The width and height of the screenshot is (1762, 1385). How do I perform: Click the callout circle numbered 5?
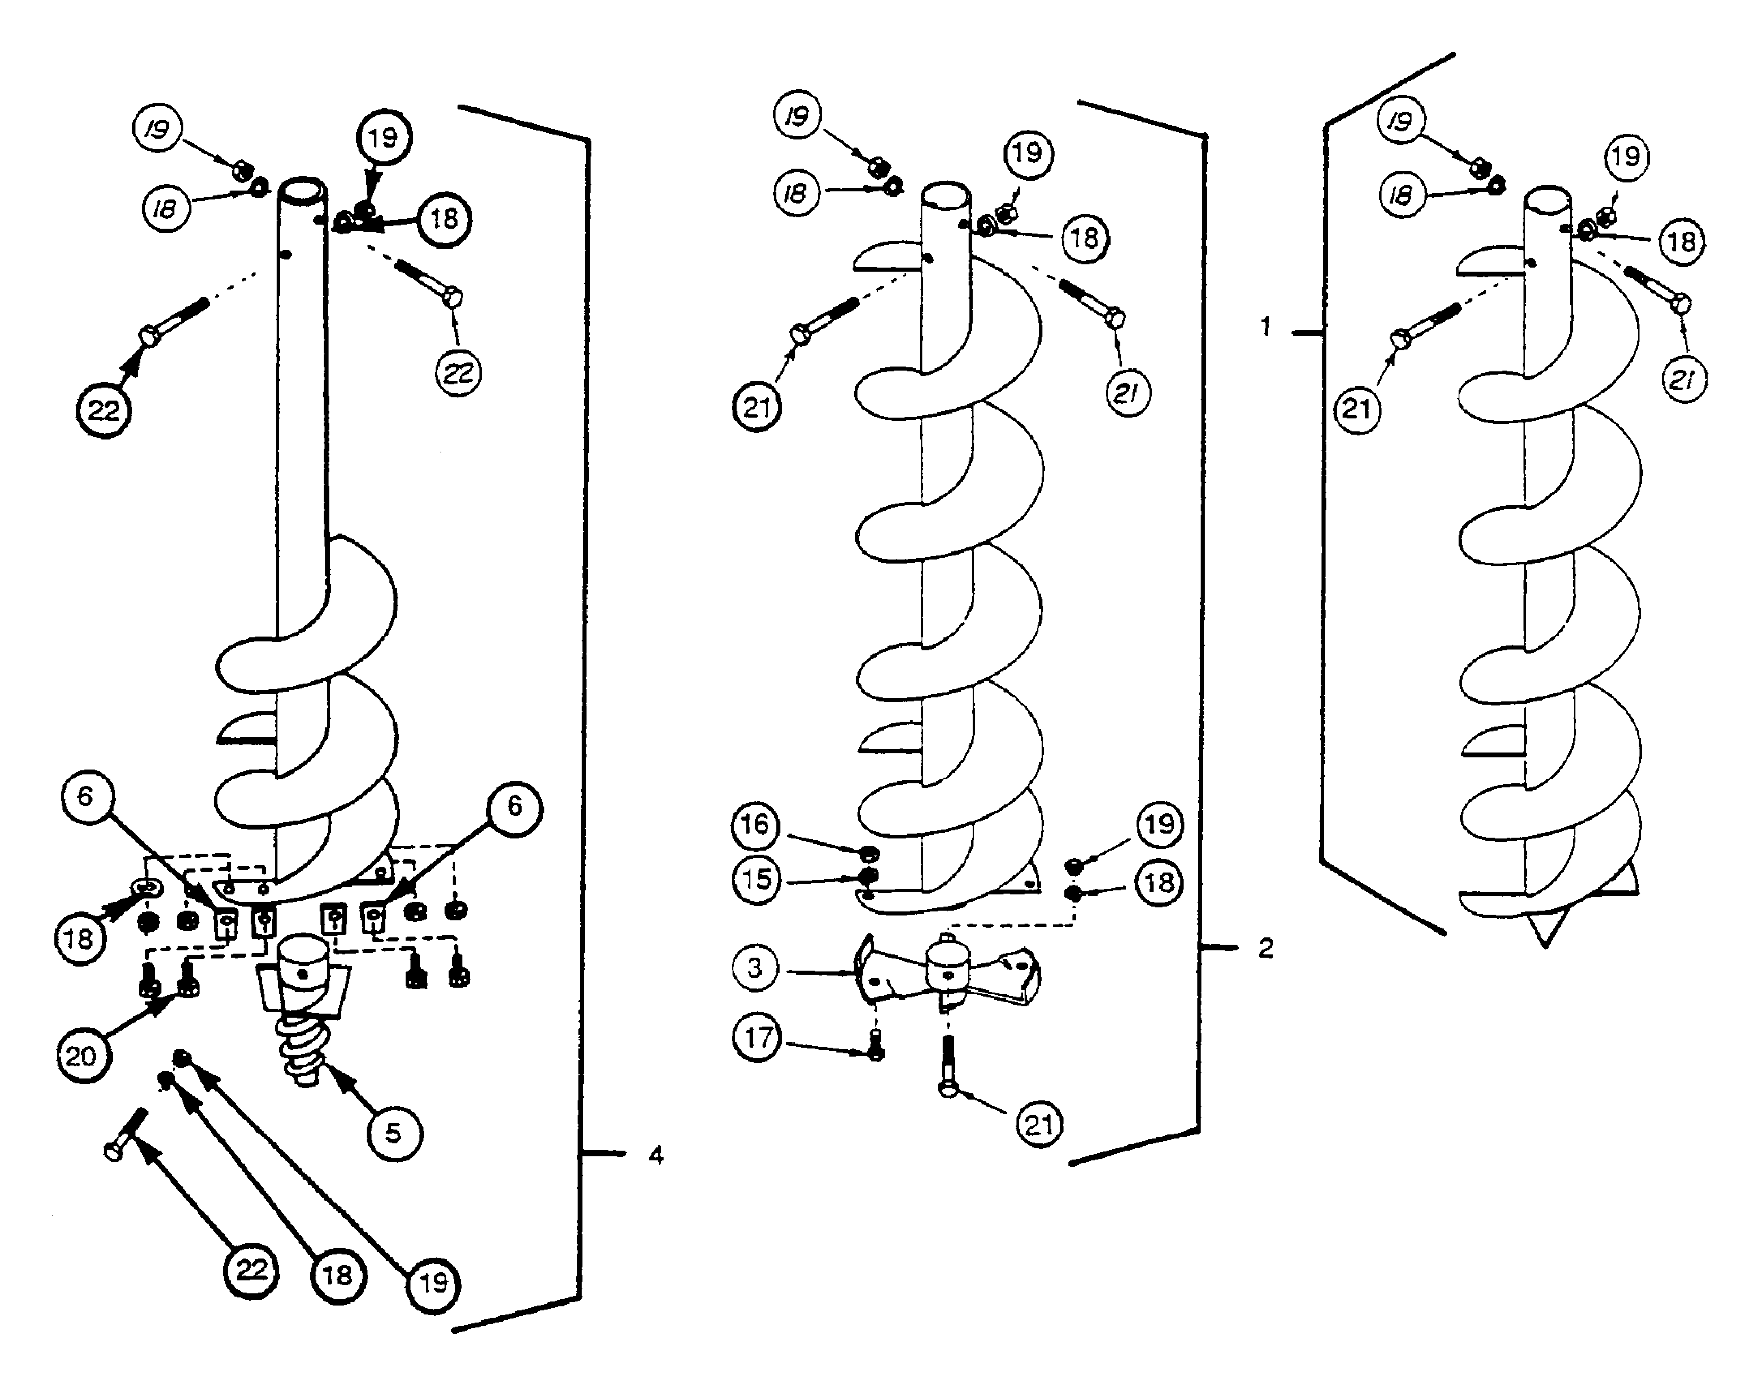click(393, 1133)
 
